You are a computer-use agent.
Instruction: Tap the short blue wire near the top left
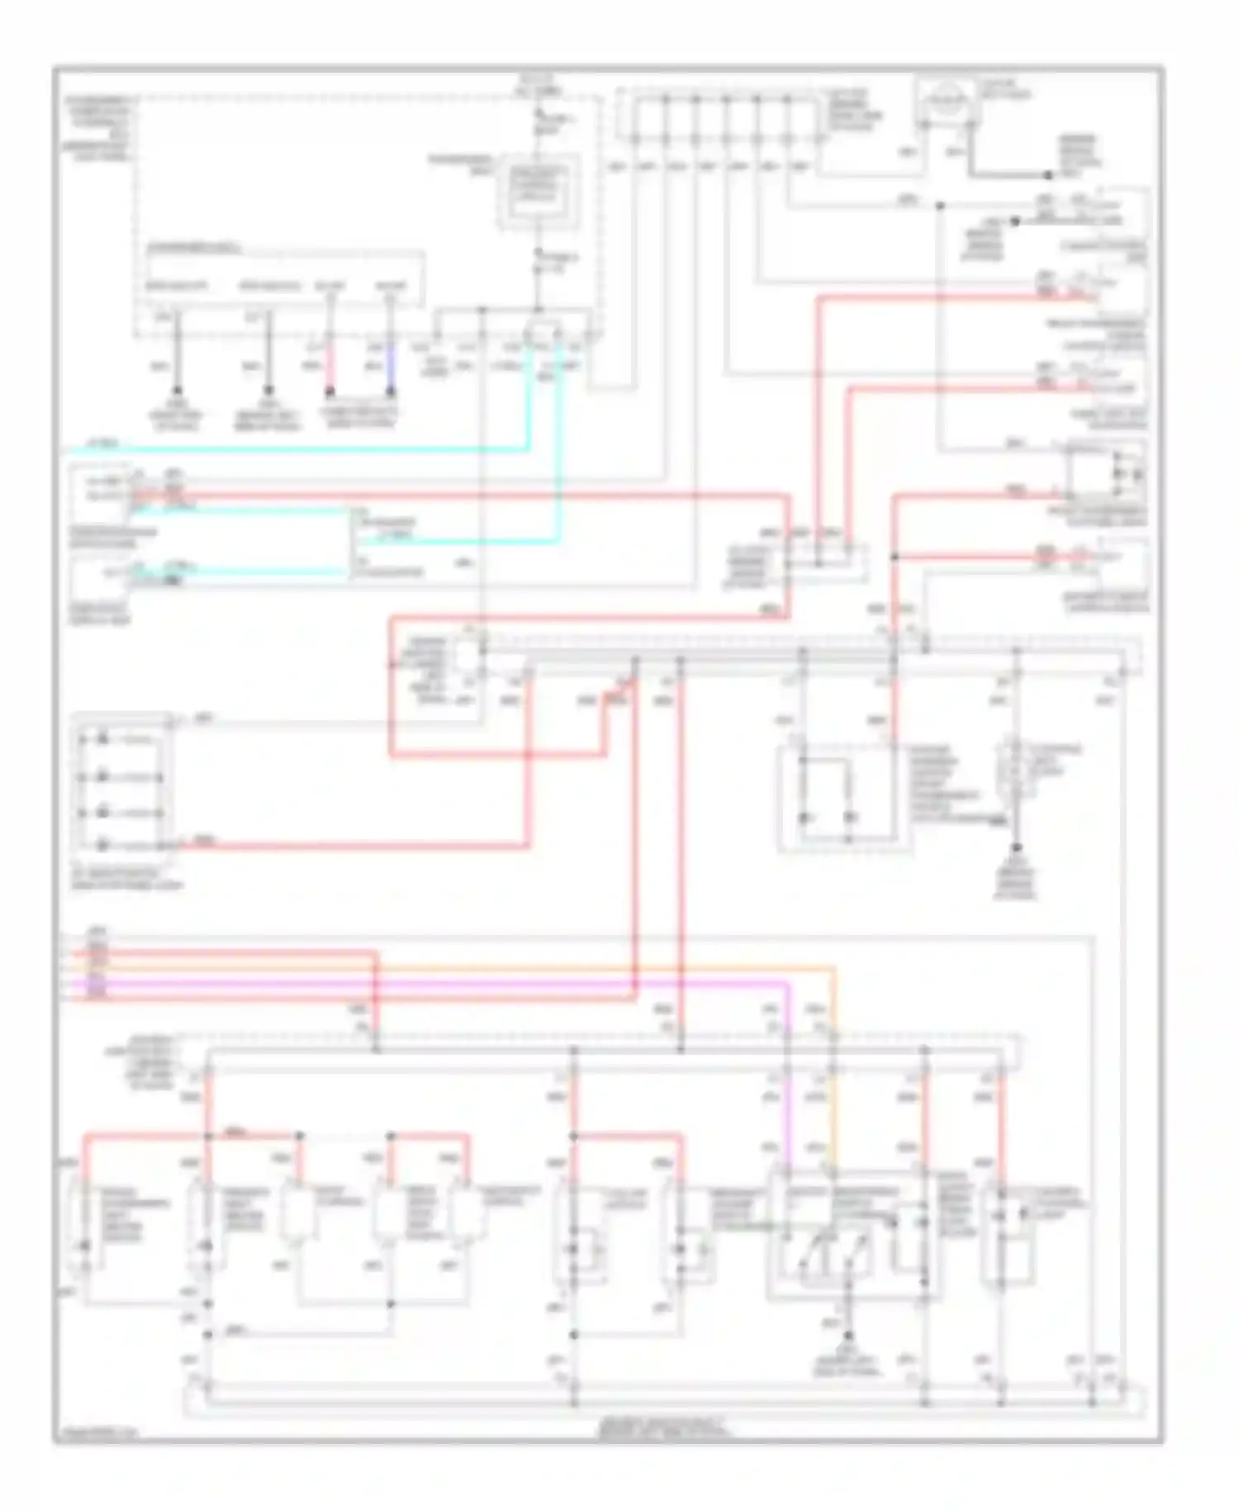click(x=392, y=364)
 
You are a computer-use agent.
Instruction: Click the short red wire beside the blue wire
click(x=330, y=364)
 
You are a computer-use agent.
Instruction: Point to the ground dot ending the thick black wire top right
click(x=1047, y=176)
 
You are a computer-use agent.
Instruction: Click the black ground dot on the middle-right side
click(x=1016, y=848)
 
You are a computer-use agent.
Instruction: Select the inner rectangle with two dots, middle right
click(x=826, y=789)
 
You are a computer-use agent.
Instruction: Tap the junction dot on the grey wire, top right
click(x=940, y=204)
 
